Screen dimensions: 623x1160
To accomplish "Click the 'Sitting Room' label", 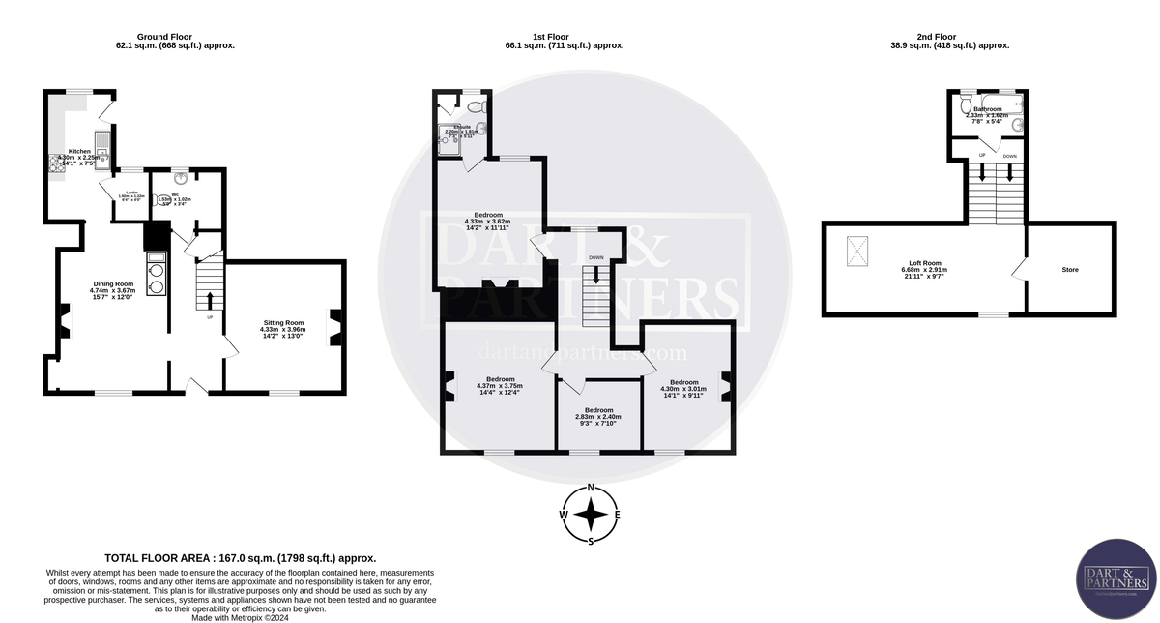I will pos(282,323).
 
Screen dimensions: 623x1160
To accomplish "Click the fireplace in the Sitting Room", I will pos(335,326).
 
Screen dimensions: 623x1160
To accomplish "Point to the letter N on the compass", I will pos(591,488).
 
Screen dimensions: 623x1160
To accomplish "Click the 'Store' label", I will pos(1068,270).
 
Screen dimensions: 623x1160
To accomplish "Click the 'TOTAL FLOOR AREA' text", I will pos(240,558).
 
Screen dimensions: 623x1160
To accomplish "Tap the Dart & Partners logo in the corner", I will pos(1116,580).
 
